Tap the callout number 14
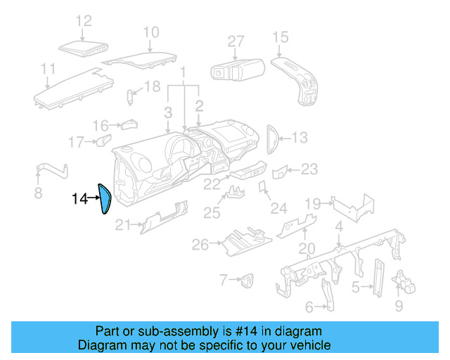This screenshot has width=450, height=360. (79, 200)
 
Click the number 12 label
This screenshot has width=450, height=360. (83, 20)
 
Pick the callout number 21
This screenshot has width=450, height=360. (123, 225)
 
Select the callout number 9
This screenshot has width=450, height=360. (399, 306)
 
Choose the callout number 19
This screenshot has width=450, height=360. (313, 204)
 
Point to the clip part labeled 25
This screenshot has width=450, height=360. (236, 192)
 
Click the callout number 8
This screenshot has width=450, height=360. (38, 193)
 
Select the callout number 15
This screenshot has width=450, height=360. (280, 37)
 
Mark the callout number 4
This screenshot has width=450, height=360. (338, 226)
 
